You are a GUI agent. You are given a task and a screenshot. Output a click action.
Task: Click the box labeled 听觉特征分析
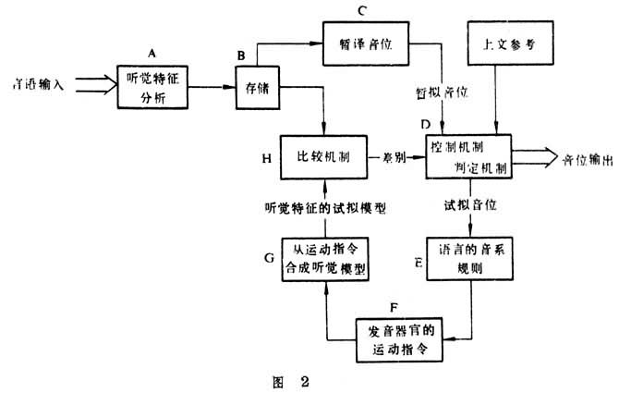coord(152,87)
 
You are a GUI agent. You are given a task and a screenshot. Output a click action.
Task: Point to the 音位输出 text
coord(585,159)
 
